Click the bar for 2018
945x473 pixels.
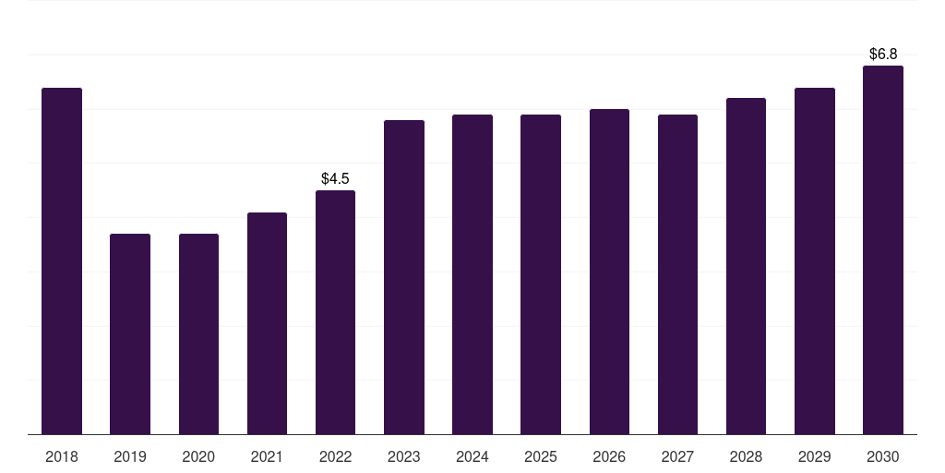(62, 261)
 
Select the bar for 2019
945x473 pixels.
(130, 334)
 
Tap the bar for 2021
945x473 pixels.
(267, 323)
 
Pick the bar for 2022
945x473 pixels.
(335, 312)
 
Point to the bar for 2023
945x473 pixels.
(404, 277)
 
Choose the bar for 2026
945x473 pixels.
(609, 273)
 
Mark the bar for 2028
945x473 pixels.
(746, 266)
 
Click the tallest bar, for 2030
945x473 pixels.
(883, 250)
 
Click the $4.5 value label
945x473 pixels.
(335, 178)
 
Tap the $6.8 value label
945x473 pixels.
(883, 55)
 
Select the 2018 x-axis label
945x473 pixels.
(62, 456)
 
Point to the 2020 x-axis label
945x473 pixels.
(198, 456)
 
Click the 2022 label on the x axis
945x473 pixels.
(335, 456)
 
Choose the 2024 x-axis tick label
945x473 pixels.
(472, 456)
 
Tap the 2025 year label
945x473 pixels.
(541, 456)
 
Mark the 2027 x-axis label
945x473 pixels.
(677, 456)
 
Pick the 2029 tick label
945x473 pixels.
(815, 456)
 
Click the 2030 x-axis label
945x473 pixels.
(883, 456)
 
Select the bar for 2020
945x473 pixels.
(199, 334)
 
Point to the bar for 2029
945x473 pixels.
(815, 261)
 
